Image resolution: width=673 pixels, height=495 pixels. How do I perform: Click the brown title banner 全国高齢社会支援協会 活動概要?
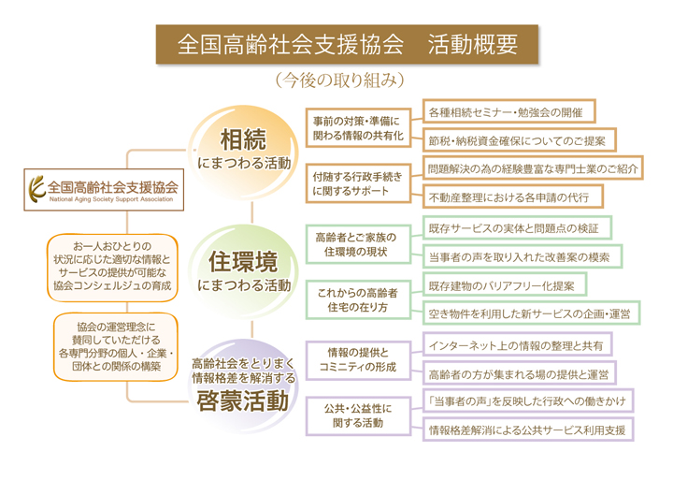(x=347, y=44)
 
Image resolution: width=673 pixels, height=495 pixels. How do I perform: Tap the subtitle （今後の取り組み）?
(x=340, y=80)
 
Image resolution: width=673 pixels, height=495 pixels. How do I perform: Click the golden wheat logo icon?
(x=36, y=189)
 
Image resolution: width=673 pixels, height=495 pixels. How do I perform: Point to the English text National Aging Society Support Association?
(x=111, y=199)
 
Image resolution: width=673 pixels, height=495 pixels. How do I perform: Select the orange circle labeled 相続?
(x=243, y=153)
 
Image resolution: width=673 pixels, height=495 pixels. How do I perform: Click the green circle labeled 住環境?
(x=243, y=271)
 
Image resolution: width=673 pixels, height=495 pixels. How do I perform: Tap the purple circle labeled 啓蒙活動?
(x=243, y=386)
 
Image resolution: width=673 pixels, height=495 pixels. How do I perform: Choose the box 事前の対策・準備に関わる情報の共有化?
(x=358, y=128)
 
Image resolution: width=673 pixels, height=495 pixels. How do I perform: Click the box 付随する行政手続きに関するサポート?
(x=358, y=183)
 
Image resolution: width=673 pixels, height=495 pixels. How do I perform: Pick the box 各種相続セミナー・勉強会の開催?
(x=509, y=111)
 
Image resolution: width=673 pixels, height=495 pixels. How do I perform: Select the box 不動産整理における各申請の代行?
(x=513, y=197)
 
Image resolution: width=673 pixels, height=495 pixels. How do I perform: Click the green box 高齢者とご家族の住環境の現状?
(x=358, y=244)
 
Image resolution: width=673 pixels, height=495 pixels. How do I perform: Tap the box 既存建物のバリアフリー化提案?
(x=505, y=284)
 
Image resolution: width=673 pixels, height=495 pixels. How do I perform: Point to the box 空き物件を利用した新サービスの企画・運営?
(x=531, y=313)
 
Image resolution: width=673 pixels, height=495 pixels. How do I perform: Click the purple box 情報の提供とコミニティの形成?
(x=358, y=360)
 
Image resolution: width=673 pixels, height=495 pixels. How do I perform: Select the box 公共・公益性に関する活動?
(x=358, y=416)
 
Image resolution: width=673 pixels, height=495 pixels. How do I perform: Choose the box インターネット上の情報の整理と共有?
(x=517, y=344)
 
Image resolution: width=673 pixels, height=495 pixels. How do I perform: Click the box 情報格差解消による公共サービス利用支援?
(x=528, y=429)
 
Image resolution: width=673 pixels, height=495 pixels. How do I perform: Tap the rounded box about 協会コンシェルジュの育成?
(x=112, y=268)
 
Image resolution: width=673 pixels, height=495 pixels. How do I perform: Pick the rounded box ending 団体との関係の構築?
(x=116, y=347)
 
